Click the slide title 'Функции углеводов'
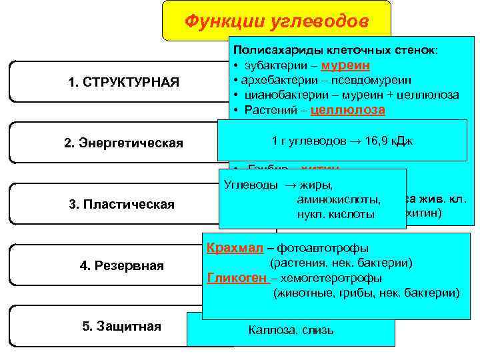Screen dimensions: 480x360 [276, 21]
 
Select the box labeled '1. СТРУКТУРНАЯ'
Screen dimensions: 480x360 [123, 81]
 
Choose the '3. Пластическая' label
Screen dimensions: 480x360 [122, 204]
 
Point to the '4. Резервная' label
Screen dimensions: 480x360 [122, 265]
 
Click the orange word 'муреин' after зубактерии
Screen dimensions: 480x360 [346, 66]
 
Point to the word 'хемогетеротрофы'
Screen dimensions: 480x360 [331, 278]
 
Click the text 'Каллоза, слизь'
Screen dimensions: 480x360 [291, 330]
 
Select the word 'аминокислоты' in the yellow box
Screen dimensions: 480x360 [339, 200]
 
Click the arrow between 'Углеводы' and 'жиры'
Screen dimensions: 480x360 [291, 185]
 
